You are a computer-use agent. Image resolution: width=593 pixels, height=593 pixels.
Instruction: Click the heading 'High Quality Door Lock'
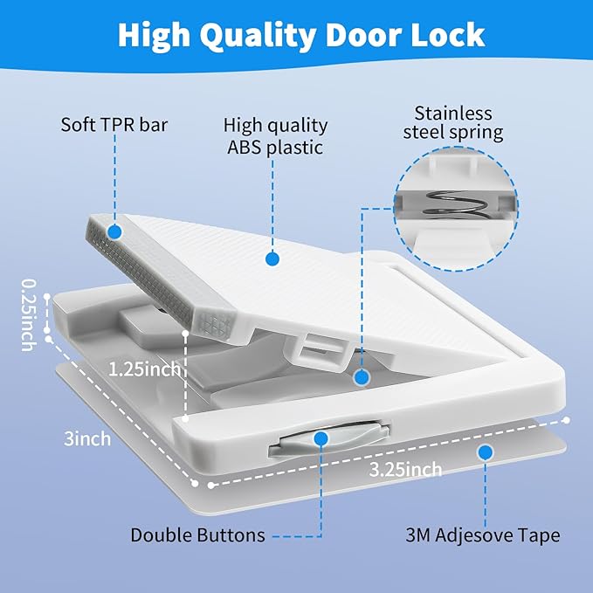(301, 35)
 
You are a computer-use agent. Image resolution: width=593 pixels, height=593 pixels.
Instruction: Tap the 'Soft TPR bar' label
(114, 123)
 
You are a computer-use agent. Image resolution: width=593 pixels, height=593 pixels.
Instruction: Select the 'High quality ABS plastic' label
(275, 136)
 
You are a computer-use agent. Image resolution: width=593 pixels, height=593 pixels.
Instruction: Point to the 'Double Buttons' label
(193, 534)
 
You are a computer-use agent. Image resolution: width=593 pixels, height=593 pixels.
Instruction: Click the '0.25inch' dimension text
(28, 314)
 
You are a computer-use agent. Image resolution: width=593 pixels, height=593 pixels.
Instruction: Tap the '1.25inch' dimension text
(145, 369)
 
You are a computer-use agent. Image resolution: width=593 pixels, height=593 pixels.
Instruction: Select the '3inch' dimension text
(87, 438)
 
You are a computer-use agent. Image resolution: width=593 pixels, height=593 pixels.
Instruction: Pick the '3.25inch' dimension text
(405, 470)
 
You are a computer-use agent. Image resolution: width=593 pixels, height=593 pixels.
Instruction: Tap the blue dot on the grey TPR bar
(114, 231)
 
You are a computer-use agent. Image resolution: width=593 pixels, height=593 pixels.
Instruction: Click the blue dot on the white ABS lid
(272, 259)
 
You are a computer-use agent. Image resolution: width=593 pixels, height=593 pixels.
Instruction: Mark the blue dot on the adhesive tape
(486, 452)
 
